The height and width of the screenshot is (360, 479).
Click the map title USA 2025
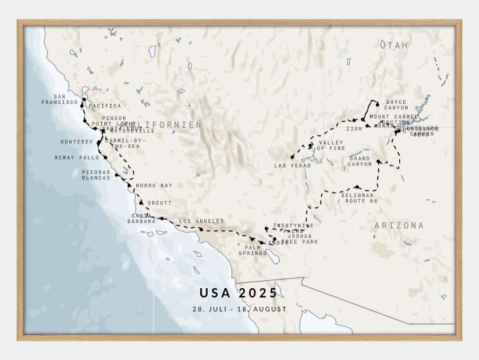tap(239, 293)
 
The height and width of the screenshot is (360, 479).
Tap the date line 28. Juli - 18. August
tap(239, 309)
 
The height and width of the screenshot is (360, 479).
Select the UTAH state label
tap(394, 45)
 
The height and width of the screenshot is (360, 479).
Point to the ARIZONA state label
tap(399, 226)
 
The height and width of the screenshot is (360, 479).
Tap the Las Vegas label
tap(292, 165)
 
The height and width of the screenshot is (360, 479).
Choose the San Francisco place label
tap(60, 99)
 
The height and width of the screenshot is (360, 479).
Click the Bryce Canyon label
tap(397, 104)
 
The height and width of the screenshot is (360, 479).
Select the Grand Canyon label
tap(360, 161)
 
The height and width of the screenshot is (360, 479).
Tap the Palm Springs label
tap(252, 250)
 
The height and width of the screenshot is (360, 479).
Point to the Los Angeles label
tap(202, 221)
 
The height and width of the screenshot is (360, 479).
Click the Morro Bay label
tap(154, 185)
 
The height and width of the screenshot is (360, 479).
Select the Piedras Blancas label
tap(96, 175)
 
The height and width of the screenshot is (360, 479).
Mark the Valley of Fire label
tap(331, 145)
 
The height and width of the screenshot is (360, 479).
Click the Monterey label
tap(77, 142)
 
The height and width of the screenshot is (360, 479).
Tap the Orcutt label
tap(160, 203)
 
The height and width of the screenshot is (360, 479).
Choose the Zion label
tap(354, 128)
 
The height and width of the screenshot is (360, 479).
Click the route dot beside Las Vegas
tap(292, 156)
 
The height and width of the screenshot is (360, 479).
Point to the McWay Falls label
tap(77, 158)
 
